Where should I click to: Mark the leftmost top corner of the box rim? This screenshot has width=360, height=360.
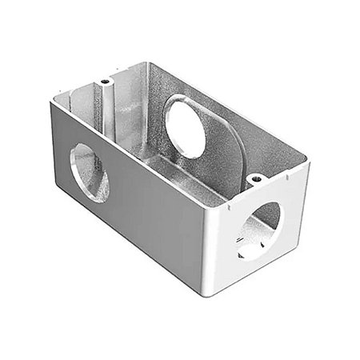point(51,101)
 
